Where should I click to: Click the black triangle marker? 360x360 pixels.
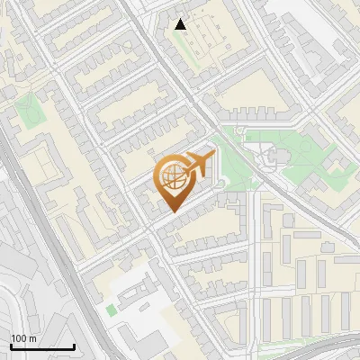click(181, 24)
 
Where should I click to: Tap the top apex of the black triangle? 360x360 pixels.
click(181, 19)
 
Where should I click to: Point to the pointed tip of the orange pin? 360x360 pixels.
click(172, 211)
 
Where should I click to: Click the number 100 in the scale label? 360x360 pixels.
click(19, 338)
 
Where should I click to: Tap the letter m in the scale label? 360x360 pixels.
click(32, 338)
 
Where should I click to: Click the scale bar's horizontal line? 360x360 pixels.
click(42, 346)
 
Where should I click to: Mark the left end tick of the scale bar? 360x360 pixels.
click(11, 345)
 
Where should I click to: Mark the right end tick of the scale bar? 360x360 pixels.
click(74, 345)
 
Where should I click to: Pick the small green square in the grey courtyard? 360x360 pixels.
click(111, 310)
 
